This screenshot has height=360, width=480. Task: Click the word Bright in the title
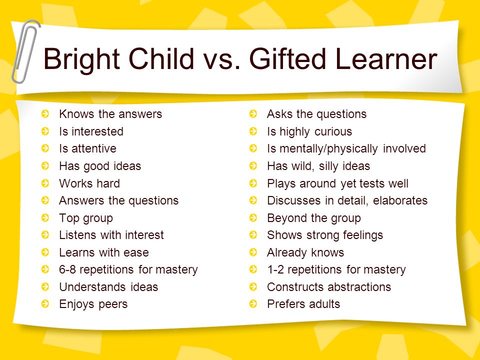[x=81, y=59]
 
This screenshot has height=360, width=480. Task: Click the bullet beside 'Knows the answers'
[x=45, y=114]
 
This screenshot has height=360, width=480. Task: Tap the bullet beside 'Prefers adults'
[x=253, y=304]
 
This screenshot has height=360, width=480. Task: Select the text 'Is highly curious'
[x=309, y=132]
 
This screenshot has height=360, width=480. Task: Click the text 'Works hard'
[x=89, y=183]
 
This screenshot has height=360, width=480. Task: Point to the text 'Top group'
[x=86, y=218]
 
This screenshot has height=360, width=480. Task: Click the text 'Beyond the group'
[x=314, y=218]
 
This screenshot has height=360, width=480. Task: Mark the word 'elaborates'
[x=400, y=200]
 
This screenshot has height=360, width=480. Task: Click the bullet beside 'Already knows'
[x=253, y=252]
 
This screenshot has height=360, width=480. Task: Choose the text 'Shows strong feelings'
[x=325, y=235]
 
